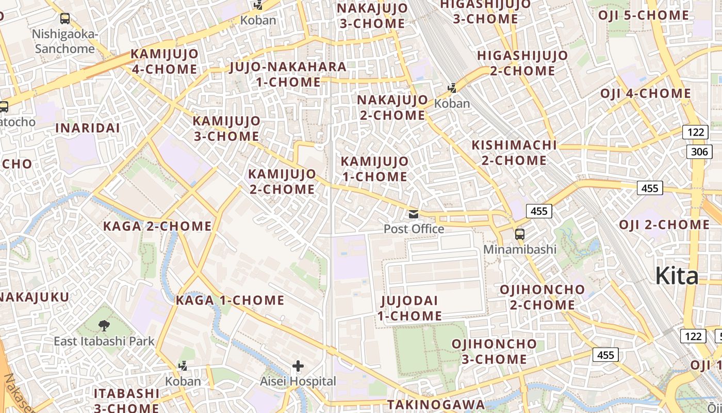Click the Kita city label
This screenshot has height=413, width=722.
[x=677, y=276]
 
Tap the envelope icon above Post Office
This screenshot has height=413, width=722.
[x=414, y=214]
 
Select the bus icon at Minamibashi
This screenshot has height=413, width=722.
[x=520, y=234]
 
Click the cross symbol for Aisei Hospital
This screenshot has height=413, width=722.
[x=298, y=367]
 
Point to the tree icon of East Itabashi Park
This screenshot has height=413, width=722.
[x=104, y=325]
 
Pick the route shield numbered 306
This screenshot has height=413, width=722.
[x=699, y=151]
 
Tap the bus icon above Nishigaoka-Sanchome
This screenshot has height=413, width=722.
[x=65, y=19]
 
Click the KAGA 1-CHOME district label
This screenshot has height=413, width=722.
[x=230, y=300]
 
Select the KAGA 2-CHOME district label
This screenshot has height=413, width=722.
[x=157, y=226]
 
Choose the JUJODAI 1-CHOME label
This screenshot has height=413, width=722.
[x=409, y=308]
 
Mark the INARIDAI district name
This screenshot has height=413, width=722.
[x=87, y=128]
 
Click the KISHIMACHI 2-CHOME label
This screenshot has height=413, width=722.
[x=514, y=153]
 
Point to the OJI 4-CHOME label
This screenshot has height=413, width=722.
[x=645, y=94]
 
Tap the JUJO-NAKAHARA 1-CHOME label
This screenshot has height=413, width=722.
[x=288, y=74]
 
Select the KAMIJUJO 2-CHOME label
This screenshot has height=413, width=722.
[x=282, y=182]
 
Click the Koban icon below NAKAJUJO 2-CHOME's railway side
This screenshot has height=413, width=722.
[x=452, y=88]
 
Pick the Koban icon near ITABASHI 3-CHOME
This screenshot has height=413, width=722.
[x=183, y=367]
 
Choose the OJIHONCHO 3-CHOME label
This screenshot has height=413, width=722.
[x=494, y=351]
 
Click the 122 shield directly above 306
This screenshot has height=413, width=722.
[x=695, y=132]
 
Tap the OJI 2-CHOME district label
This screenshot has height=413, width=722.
[x=664, y=225]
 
